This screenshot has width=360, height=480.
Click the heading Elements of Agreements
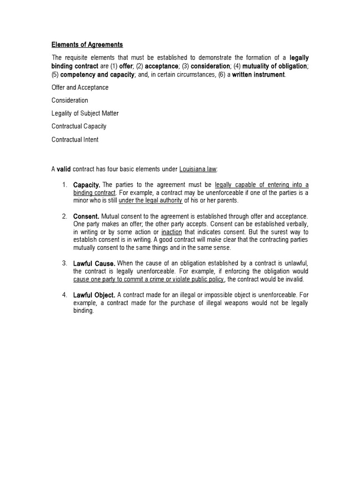87,45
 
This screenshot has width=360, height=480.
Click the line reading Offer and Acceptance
80,87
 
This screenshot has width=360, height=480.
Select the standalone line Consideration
70,100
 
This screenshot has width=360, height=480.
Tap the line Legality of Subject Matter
85,113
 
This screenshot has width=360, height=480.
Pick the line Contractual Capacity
79,127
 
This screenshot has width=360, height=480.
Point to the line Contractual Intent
75,140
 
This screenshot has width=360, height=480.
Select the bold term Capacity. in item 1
87,185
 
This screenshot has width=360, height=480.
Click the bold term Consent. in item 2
86,217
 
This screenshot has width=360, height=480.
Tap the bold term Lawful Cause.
94,264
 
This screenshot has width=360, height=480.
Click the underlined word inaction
172,232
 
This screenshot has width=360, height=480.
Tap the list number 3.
64,263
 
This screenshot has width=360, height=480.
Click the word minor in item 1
82,201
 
